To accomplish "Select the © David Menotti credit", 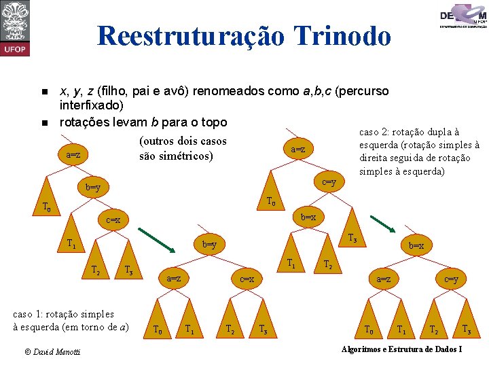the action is (x=52, y=351).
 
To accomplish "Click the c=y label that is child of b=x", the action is (x=451, y=279).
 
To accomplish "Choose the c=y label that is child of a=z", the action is (x=329, y=182).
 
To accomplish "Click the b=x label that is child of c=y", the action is (x=308, y=217).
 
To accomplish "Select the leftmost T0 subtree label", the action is (x=47, y=207).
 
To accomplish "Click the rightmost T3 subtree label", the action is (x=467, y=330).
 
